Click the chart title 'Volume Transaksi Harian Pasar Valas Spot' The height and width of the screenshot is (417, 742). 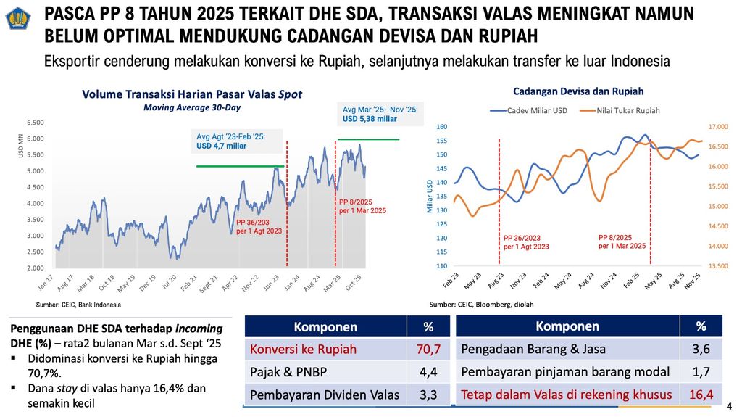(191, 94)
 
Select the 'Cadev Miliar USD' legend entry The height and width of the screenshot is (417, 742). (530, 110)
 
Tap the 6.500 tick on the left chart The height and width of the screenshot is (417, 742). (35, 122)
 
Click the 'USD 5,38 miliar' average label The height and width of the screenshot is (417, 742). (370, 119)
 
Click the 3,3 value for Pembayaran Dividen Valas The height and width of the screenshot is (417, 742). (428, 396)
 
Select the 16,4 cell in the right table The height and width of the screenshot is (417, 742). (701, 395)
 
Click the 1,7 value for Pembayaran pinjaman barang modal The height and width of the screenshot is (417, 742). (701, 372)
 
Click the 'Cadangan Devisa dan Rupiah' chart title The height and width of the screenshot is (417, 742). (578, 91)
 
